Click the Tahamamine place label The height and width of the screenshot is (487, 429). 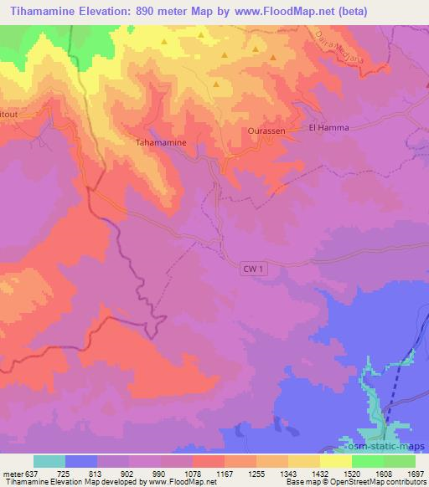[167, 142]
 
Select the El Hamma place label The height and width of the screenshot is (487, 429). [328, 127]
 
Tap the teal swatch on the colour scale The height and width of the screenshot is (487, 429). [49, 461]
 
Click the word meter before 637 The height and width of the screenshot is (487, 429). [13, 473]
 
